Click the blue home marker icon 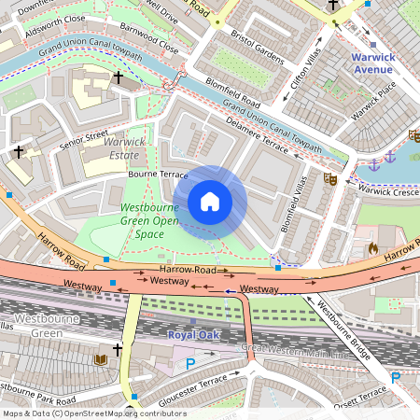click(x=210, y=201)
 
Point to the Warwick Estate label click(x=128, y=148)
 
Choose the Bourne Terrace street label click(x=158, y=175)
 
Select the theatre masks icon click(x=329, y=176)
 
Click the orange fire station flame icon click(x=372, y=249)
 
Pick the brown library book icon click(x=100, y=359)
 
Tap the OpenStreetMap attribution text click(x=93, y=413)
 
